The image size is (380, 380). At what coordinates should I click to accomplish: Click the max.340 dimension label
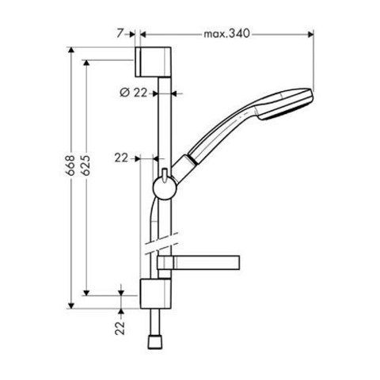coord(226,34)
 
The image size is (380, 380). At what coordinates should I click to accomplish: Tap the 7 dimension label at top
coord(120,33)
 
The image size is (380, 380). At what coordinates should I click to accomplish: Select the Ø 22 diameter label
coord(133,93)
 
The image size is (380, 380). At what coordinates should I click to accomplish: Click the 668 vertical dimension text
coord(70,165)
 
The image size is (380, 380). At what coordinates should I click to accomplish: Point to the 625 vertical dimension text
coord(85,165)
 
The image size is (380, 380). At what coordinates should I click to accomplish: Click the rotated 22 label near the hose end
coord(120,328)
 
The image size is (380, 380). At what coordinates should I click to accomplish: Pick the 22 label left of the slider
coord(121,158)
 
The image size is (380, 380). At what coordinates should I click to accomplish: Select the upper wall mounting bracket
coord(153,62)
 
